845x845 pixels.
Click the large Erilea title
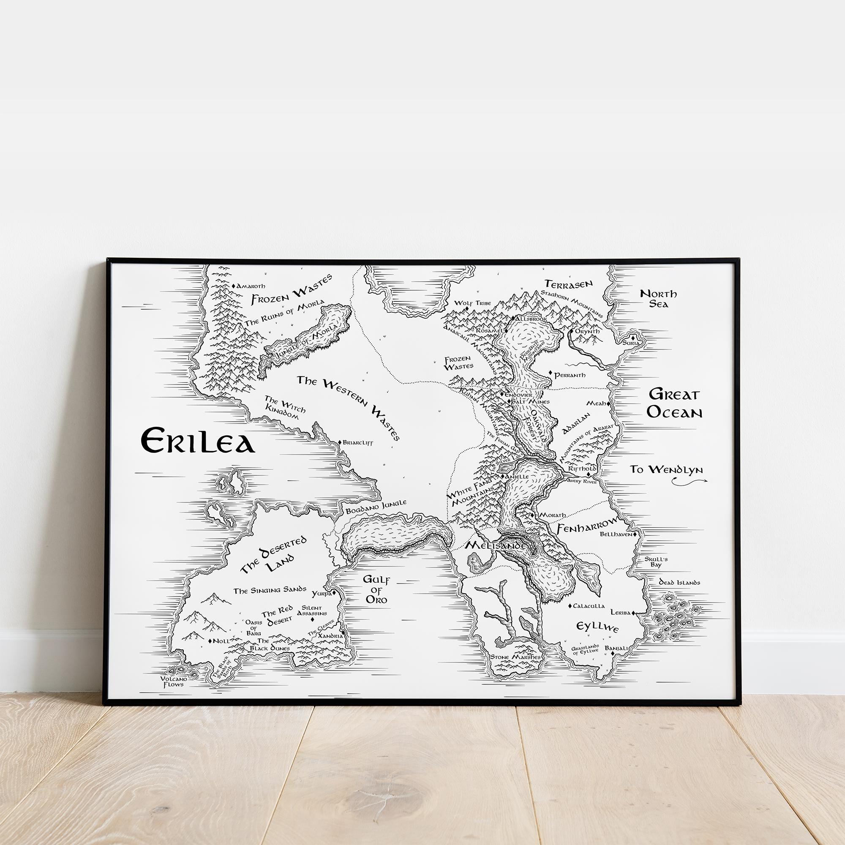pyautogui.click(x=197, y=441)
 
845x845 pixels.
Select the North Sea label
pyautogui.click(x=658, y=298)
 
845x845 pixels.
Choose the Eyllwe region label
pyautogui.click(x=597, y=628)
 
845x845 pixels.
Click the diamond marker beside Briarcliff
pyautogui.click(x=340, y=443)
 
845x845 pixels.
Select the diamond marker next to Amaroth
pyautogui.click(x=234, y=286)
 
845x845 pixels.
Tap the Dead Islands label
pyautogui.click(x=680, y=583)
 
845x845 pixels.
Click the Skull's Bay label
pyautogui.click(x=656, y=562)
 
